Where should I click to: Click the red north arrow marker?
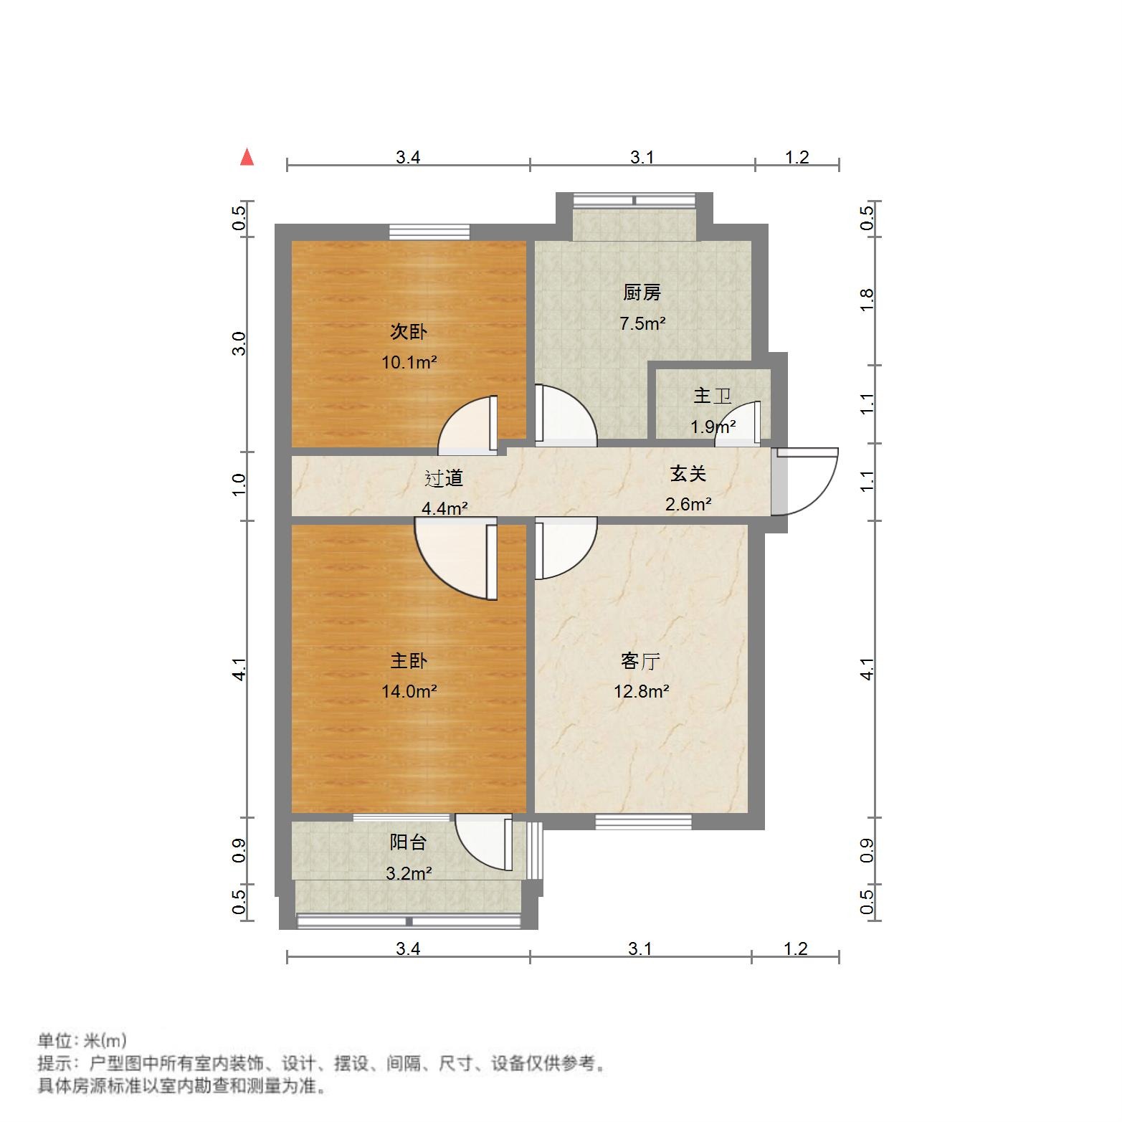247,157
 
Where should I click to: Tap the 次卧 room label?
409,331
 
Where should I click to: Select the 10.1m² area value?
409,362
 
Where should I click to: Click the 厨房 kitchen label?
642,293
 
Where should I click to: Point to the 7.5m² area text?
642,323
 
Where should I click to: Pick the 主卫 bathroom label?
712,396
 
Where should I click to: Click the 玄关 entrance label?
688,473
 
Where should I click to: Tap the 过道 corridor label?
444,478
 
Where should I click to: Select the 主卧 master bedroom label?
409,660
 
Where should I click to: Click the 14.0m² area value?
409,691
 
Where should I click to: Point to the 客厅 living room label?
640,660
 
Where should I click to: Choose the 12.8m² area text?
641,691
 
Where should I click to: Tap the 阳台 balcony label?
408,842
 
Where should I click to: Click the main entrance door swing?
807,482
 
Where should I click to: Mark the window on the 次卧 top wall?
429,232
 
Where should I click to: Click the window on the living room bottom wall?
643,822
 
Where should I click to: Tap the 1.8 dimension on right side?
867,300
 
